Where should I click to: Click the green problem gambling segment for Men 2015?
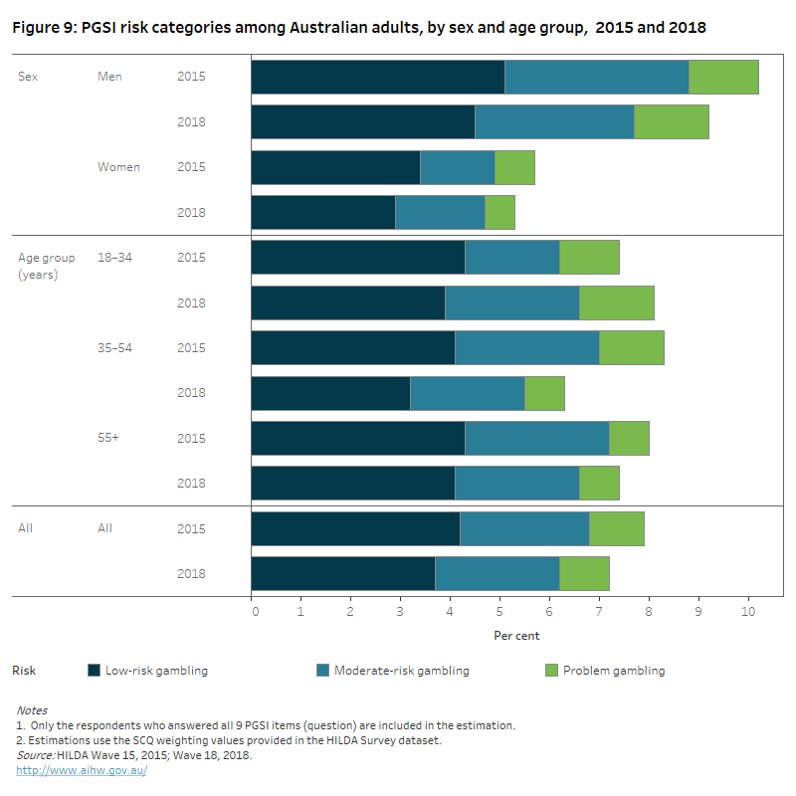tap(723, 77)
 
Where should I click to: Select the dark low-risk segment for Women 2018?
tap(322, 212)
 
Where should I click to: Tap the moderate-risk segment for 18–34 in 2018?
tap(511, 302)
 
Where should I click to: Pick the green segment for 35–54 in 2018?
tap(544, 393)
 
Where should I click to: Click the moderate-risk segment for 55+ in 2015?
tap(536, 438)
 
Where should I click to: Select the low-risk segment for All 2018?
tap(342, 573)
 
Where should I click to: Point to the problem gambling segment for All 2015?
tap(616, 528)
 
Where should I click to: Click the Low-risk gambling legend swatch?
tap(96, 671)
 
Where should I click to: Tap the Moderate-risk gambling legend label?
tap(401, 671)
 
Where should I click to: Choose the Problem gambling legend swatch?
tap(553, 671)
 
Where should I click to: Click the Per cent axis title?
tap(516, 635)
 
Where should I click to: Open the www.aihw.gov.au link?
tap(82, 771)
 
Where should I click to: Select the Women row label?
tap(118, 167)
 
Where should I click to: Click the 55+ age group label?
tap(108, 438)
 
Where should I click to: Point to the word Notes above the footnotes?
tap(31, 710)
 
